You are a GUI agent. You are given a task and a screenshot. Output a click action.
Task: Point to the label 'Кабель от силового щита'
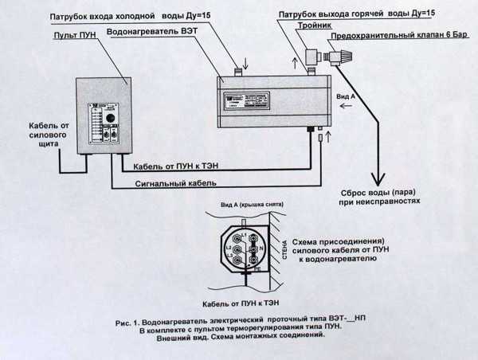coord(35,136)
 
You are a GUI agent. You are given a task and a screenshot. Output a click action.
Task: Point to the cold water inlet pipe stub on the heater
coord(237,72)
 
